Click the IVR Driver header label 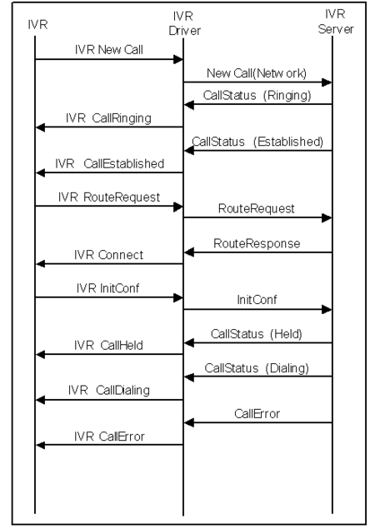coord(184,23)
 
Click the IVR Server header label coord(336,22)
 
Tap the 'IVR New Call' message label coord(109,50)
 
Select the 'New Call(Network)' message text coord(257,73)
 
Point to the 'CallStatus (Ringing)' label coord(257,96)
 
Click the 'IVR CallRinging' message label coord(108,118)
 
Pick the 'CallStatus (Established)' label coord(257,142)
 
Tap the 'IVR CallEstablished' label coord(110,164)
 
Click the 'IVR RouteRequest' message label coord(109,197)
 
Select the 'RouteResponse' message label coord(257,243)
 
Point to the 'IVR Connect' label coord(108,255)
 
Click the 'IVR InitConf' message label coord(107,288)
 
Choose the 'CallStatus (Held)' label coord(256,334)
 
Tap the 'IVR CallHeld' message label coord(108,346)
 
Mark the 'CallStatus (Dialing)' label coord(257,368)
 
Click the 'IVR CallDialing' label coord(108,391)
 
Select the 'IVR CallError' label coord(109,437)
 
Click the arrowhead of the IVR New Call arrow coord(177,60)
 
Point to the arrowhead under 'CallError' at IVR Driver coord(189,422)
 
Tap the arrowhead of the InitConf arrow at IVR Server coord(327,309)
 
